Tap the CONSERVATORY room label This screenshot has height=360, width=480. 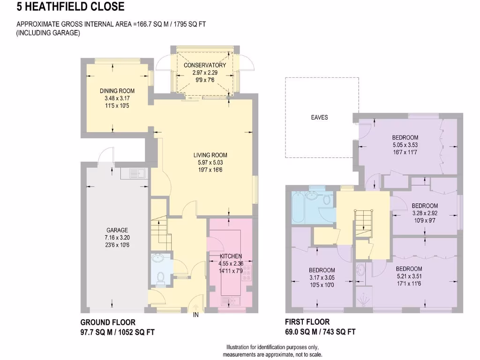point(204,65)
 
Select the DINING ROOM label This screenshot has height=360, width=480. point(117,91)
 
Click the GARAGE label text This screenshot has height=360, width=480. point(117,230)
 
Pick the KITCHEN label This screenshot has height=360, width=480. point(231,256)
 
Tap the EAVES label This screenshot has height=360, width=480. point(319,117)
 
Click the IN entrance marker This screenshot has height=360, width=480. point(196,315)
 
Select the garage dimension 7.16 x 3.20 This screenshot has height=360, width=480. point(117,237)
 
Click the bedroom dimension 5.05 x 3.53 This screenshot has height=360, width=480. point(405,145)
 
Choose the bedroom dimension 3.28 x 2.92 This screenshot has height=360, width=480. point(424,213)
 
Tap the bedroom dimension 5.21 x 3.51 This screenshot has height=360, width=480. point(408,276)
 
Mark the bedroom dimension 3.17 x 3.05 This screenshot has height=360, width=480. point(322,277)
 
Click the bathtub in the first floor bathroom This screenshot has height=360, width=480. point(299,207)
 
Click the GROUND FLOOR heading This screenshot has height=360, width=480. point(108,322)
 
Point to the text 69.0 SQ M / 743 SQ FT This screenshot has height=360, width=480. point(320,332)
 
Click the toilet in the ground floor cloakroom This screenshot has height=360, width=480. point(159,277)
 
